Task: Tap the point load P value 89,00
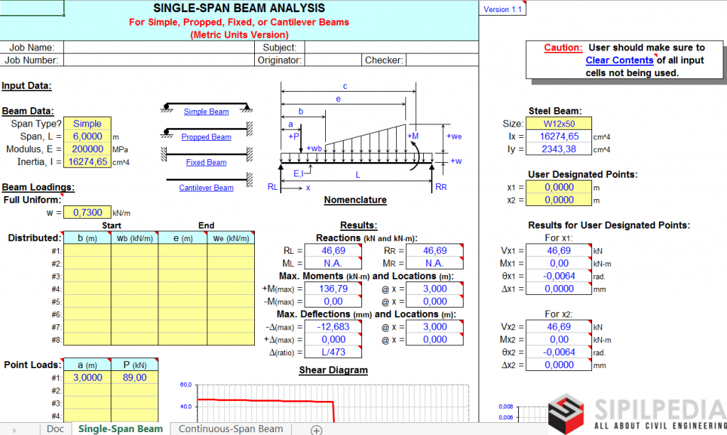coord(134,378)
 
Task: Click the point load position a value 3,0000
coord(87,378)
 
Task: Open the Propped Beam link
coord(206,137)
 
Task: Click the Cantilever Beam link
coord(206,188)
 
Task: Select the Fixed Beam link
coord(206,163)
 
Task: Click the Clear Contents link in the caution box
coord(619,60)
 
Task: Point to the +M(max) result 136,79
coord(333,289)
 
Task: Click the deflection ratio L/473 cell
coord(333,353)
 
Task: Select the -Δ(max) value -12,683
coord(333,327)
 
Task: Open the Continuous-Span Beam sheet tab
coord(231,429)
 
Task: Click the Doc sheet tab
coord(55,429)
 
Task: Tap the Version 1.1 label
coord(502,9)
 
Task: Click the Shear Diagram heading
coord(333,370)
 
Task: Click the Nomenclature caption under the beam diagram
coord(355,200)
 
